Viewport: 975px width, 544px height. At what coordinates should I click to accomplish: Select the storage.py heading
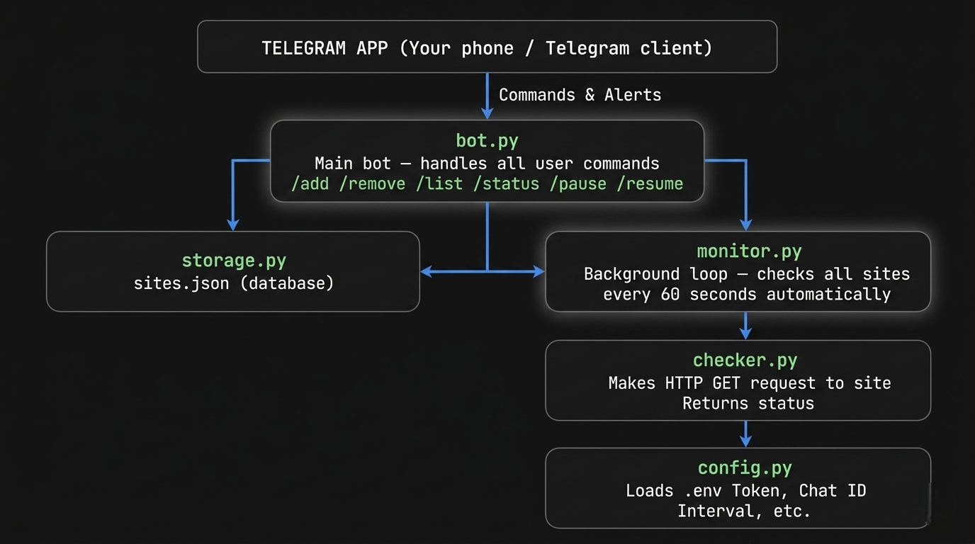pos(234,260)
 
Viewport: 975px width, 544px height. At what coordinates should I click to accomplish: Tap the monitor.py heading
pos(749,251)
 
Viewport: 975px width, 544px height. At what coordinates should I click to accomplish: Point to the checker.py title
pos(745,360)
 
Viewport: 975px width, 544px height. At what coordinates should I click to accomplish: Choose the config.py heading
pos(745,467)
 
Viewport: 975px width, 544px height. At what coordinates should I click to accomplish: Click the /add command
pos(310,184)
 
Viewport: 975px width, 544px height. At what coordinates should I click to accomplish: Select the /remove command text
pos(377,184)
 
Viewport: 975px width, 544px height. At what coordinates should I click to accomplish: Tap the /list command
pos(439,184)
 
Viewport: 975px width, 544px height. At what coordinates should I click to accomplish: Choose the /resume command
pos(650,184)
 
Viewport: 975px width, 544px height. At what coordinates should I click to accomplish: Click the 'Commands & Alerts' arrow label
pos(580,95)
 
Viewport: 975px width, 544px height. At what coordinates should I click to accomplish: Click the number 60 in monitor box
pos(670,295)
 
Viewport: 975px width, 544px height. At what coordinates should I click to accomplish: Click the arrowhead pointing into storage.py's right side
pos(427,271)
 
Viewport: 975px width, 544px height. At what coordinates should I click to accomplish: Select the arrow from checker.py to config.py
pos(745,433)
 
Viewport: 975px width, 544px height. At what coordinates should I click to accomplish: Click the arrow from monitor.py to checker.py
pos(745,326)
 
